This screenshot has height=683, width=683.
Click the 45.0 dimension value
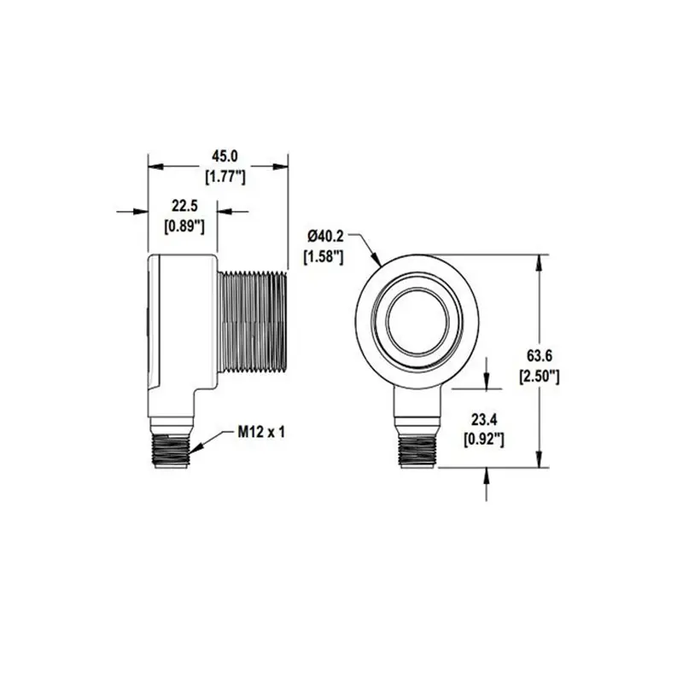click(225, 156)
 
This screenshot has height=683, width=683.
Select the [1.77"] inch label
click(225, 177)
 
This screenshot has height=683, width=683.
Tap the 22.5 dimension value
click(184, 206)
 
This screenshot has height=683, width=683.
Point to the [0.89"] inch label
click(184, 226)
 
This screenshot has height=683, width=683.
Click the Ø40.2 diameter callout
click(325, 236)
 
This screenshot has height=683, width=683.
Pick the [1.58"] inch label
click(324, 257)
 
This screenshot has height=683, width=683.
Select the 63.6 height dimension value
click(540, 356)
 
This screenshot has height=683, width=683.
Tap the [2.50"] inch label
click(540, 376)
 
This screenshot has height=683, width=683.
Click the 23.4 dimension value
click(484, 420)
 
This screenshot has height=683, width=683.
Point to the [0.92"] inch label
click(484, 440)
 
